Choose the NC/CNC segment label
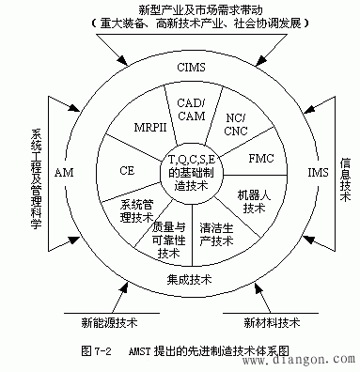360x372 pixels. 235,123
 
